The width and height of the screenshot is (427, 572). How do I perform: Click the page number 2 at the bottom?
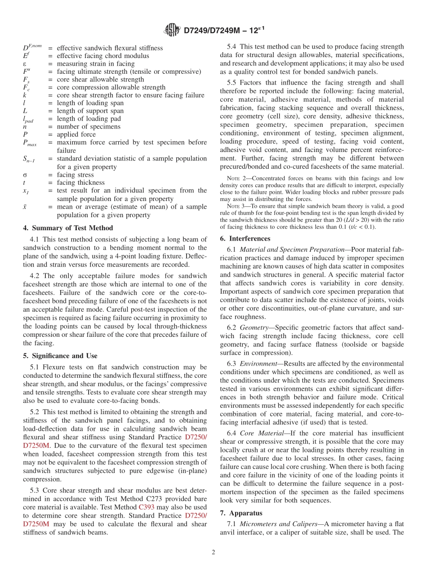click(x=213, y=552)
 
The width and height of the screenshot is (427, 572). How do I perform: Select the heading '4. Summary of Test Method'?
click(x=68, y=228)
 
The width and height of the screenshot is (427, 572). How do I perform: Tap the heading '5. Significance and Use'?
click(x=60, y=356)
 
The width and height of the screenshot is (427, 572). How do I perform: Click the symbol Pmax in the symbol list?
click(x=30, y=143)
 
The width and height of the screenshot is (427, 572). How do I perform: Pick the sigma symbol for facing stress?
click(x=25, y=175)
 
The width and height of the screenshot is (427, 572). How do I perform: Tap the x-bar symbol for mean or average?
click(x=25, y=207)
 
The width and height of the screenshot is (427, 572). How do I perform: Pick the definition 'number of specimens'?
click(x=89, y=127)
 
